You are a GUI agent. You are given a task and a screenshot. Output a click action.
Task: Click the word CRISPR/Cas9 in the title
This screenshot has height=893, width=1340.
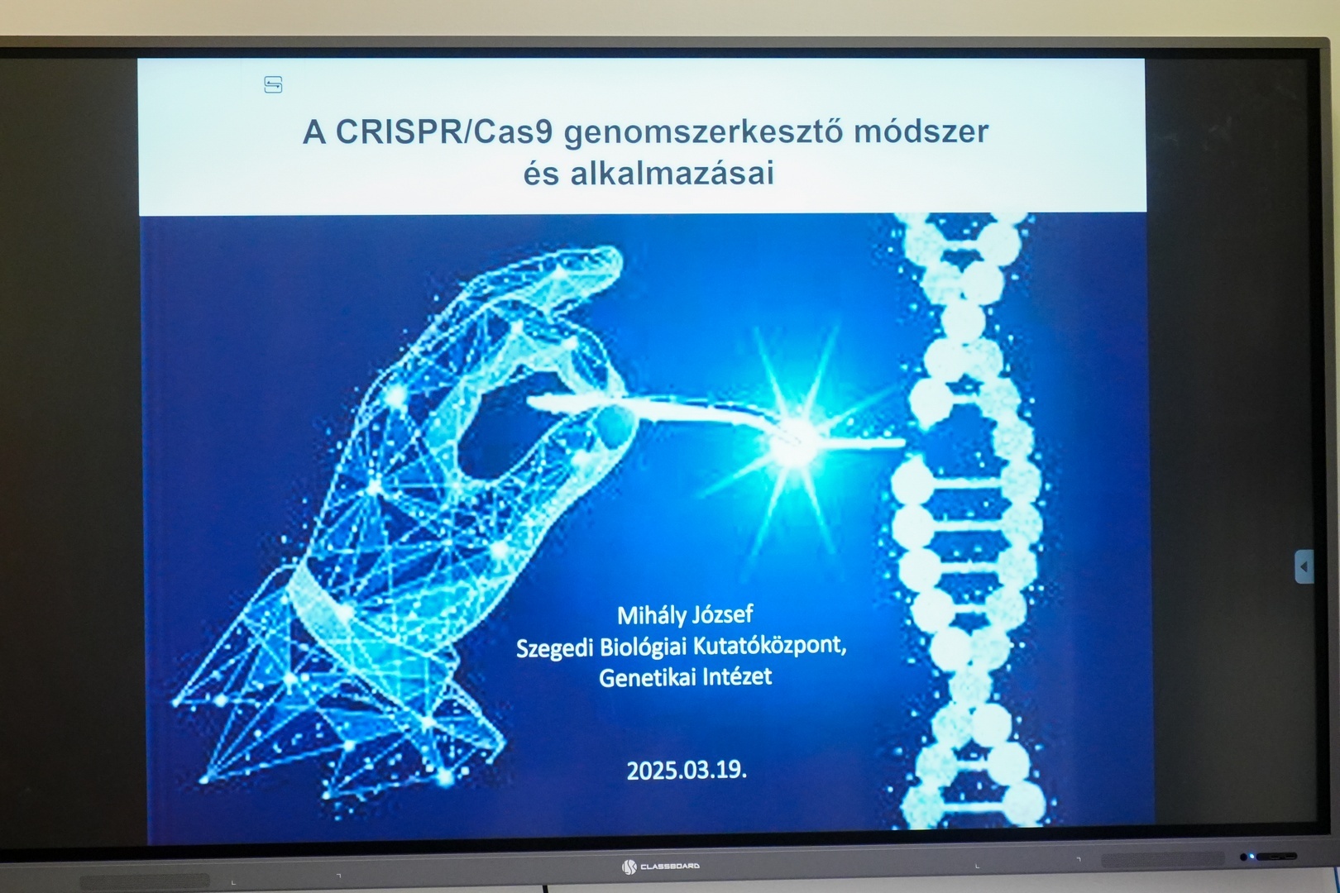(444, 132)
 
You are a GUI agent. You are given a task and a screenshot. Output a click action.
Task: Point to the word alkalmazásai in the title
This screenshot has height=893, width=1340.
(672, 174)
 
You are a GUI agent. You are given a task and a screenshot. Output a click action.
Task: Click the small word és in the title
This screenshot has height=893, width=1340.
(542, 174)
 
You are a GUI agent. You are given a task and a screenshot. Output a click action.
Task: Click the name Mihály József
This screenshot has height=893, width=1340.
(685, 615)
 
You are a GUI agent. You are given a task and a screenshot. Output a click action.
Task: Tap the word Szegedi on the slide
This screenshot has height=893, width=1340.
(553, 647)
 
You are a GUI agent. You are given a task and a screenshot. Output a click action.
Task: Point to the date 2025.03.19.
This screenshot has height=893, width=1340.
(687, 770)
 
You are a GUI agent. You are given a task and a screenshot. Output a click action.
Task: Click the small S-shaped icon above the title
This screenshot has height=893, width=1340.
(274, 84)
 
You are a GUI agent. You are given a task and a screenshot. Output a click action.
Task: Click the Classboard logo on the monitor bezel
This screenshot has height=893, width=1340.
(660, 866)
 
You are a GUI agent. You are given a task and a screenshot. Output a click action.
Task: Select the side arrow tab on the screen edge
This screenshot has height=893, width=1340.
(1304, 566)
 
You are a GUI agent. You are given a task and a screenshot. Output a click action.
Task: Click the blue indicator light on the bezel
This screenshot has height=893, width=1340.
(1251, 857)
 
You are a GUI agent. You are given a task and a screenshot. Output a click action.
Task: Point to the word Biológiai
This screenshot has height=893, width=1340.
(642, 647)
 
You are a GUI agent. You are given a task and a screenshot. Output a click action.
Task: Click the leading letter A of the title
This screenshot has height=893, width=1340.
(314, 133)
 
